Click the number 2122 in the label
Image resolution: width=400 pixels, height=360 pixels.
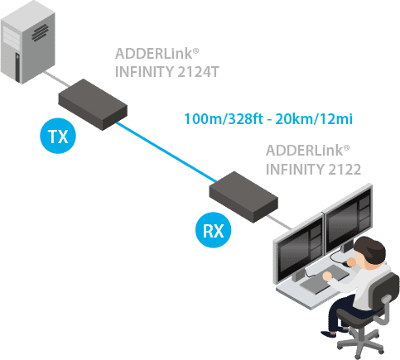342,170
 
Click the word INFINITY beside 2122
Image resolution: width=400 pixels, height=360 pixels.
296,170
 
